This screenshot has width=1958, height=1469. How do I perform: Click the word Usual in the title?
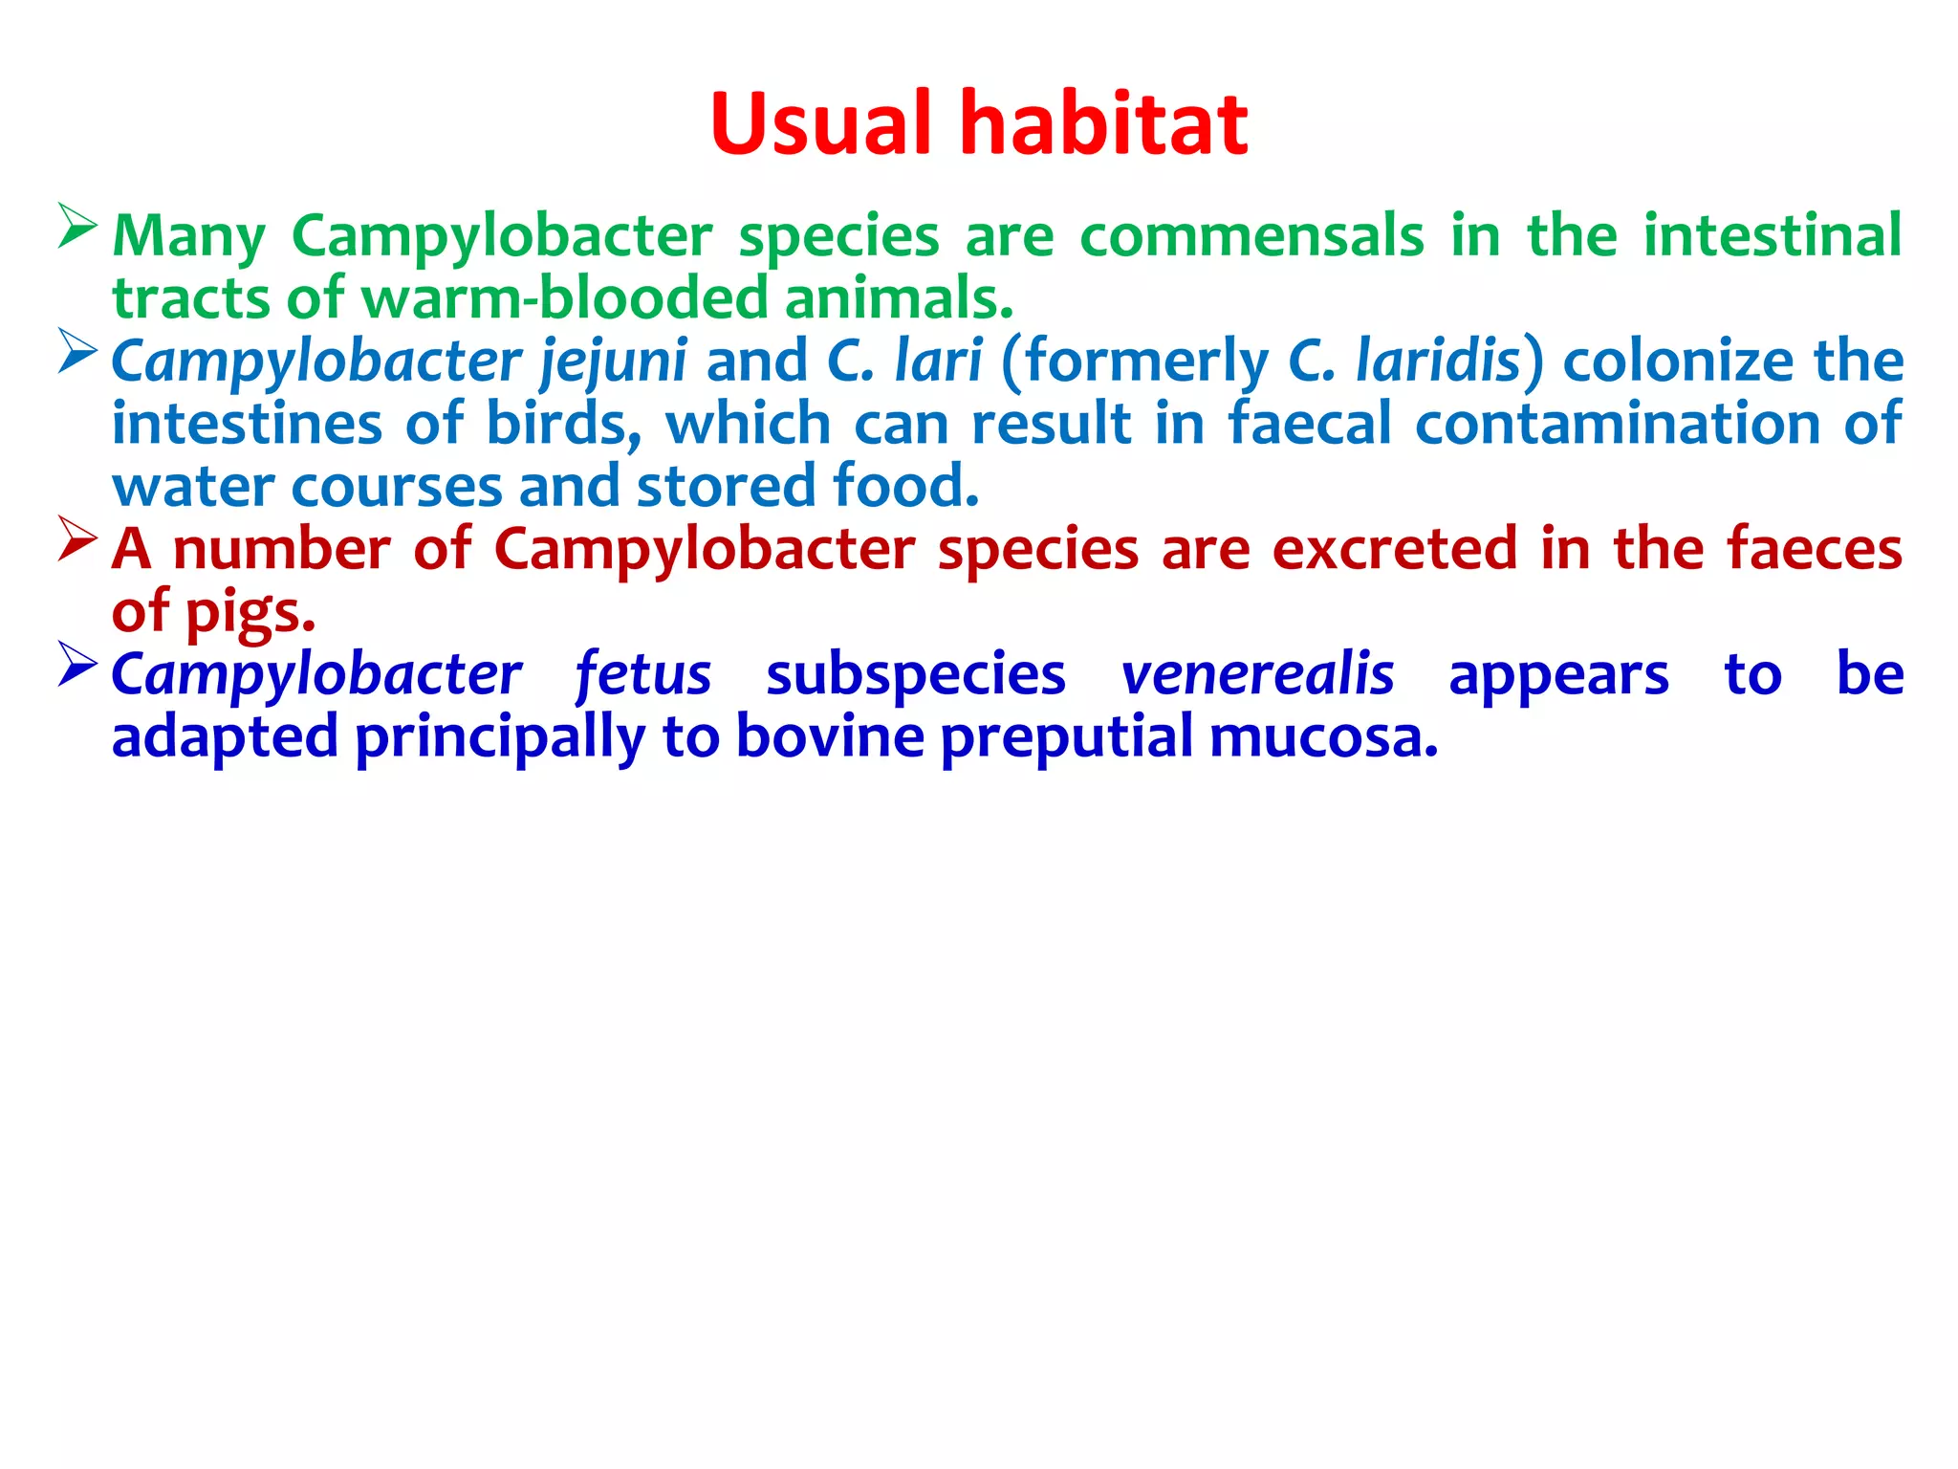click(x=820, y=124)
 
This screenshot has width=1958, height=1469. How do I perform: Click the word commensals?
click(x=1251, y=235)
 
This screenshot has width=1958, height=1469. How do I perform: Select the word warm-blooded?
click(x=564, y=298)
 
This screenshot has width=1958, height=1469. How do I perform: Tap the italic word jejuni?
click(x=613, y=362)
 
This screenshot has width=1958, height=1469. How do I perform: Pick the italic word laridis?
click(x=1438, y=361)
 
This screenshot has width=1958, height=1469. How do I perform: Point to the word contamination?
click(x=1617, y=424)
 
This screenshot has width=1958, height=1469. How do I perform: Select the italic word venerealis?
click(x=1257, y=674)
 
